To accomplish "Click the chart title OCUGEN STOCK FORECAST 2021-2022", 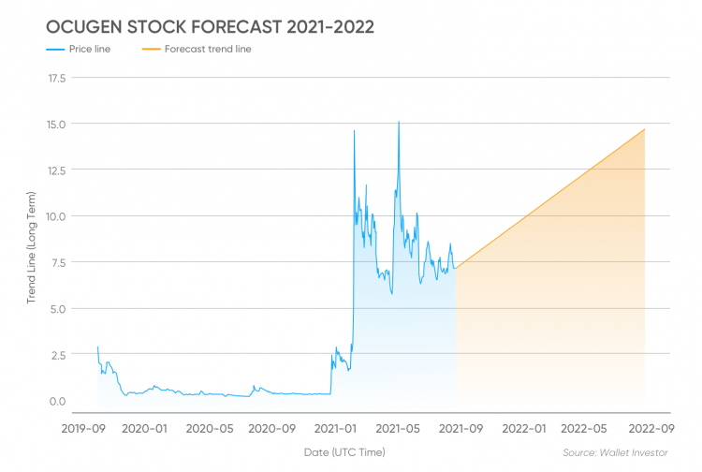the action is [x=210, y=27].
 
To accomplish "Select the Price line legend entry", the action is [x=79, y=49].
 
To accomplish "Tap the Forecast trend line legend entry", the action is [x=197, y=49].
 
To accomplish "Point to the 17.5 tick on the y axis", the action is [x=57, y=79].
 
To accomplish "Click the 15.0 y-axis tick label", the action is [x=56, y=125].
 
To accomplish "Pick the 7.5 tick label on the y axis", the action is [x=58, y=262].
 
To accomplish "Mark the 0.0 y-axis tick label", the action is [x=57, y=401].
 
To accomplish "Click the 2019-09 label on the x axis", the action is [x=83, y=429].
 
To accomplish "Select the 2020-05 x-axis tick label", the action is [x=210, y=429].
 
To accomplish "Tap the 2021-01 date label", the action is [x=335, y=429].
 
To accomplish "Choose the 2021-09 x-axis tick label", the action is [x=461, y=429].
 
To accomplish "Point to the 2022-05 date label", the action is [x=584, y=429].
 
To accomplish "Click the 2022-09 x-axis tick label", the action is [x=651, y=429].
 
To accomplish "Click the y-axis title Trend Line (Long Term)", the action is [x=31, y=247].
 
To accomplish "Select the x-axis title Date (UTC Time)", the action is [x=344, y=452].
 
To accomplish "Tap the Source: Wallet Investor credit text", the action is [x=615, y=452].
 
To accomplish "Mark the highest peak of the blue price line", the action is [x=399, y=122].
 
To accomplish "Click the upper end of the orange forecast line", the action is [x=644, y=129].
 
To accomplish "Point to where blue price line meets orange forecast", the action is [x=456, y=268].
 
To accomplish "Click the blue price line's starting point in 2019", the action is [x=97, y=347].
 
